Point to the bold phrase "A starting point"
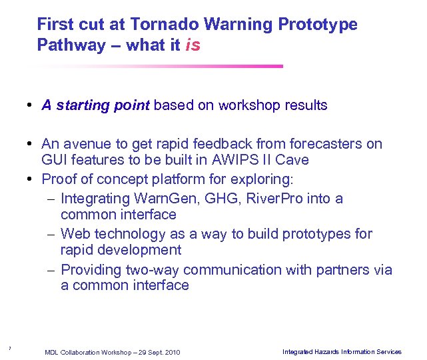coord(95,105)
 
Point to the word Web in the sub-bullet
coord(75,234)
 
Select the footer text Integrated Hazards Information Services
coord(342,351)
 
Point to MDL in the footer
coord(52,352)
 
